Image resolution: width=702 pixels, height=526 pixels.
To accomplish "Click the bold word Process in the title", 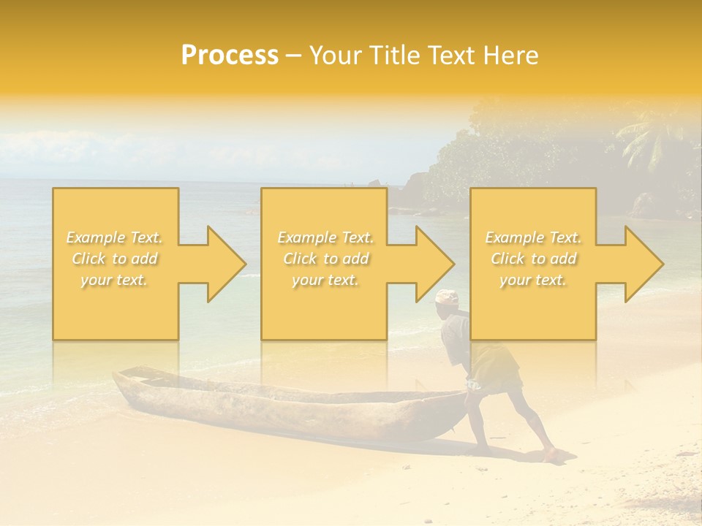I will [230, 56].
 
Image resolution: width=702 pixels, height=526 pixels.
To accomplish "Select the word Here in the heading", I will [511, 56].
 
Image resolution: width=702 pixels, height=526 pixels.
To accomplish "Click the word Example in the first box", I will [95, 237].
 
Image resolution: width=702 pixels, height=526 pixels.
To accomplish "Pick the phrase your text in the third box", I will [533, 280].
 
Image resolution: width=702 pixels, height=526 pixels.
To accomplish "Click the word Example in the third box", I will [514, 237].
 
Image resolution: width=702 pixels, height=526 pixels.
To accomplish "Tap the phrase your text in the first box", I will [114, 280].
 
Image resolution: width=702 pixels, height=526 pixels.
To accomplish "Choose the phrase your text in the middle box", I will [325, 280].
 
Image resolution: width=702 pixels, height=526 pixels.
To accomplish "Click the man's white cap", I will [447, 297].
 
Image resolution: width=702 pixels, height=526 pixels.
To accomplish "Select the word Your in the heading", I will [333, 56].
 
